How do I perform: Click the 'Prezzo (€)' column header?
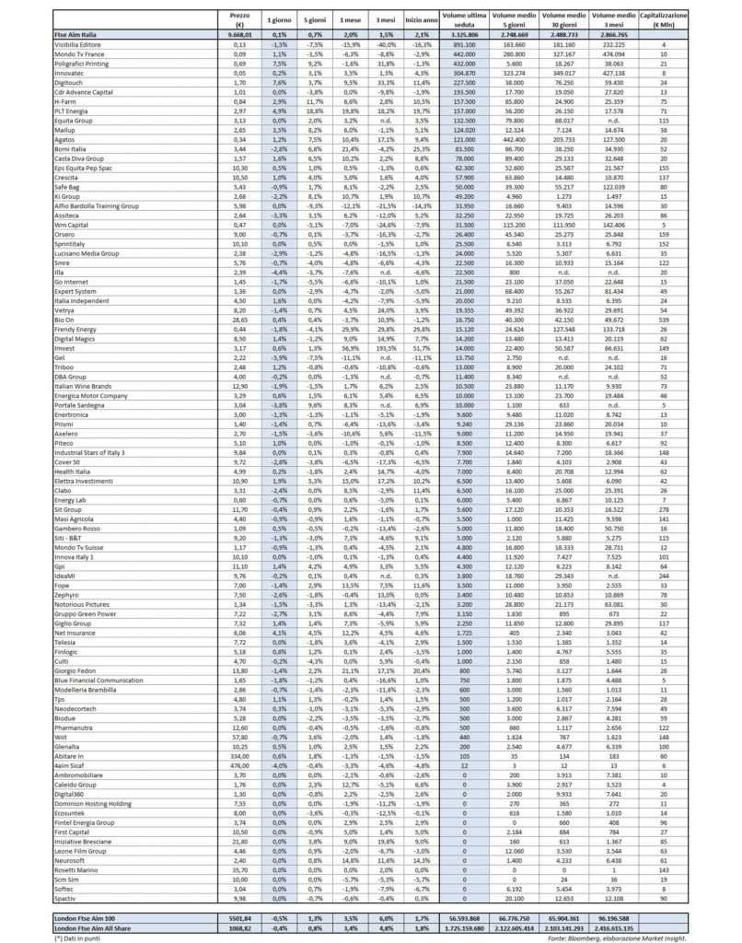pyautogui.click(x=239, y=18)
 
